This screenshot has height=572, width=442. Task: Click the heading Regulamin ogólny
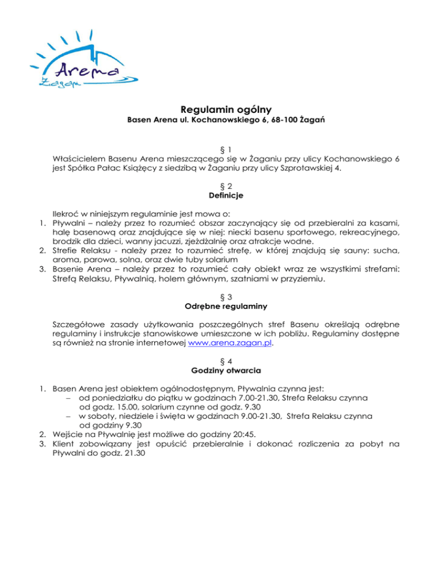click(x=221, y=110)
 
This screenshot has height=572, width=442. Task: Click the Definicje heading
click(x=221, y=196)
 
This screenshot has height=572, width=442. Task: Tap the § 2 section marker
click(x=221, y=185)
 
